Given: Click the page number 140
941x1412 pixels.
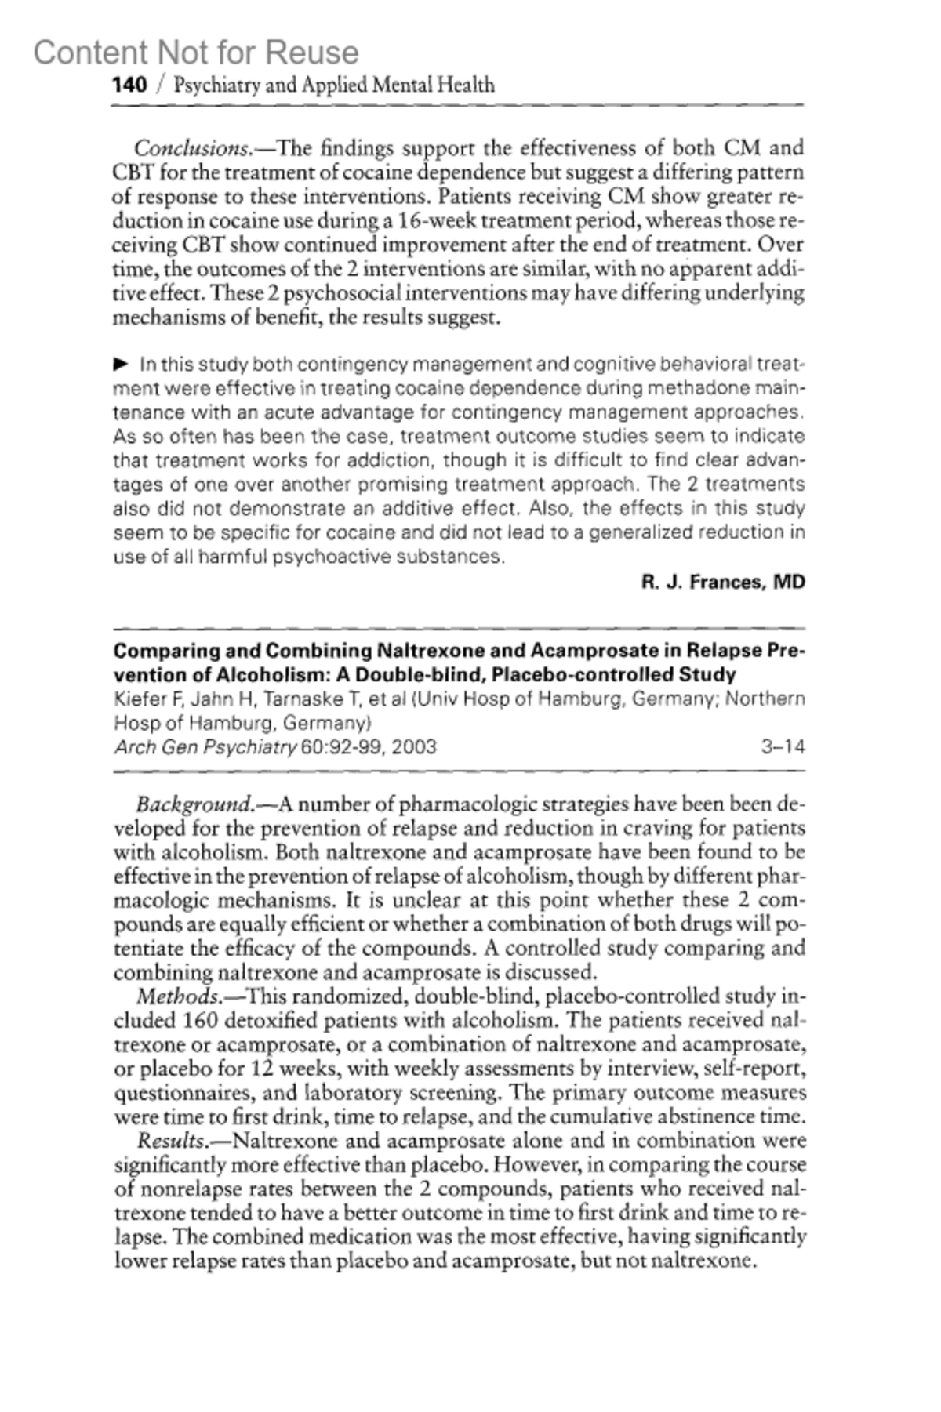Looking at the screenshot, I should coord(129,85).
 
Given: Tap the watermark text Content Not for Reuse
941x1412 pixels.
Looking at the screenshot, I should coord(196,53).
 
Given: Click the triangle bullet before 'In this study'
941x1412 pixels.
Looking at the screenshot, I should coord(121,364).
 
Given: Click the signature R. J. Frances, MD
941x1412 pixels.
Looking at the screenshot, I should coord(723,583).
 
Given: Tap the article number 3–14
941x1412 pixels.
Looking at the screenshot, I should coord(783,746).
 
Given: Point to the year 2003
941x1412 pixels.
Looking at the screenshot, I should coord(413,746).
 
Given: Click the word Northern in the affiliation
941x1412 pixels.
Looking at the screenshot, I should coord(765,699).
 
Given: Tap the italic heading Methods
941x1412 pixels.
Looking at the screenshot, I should coord(179,996).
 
